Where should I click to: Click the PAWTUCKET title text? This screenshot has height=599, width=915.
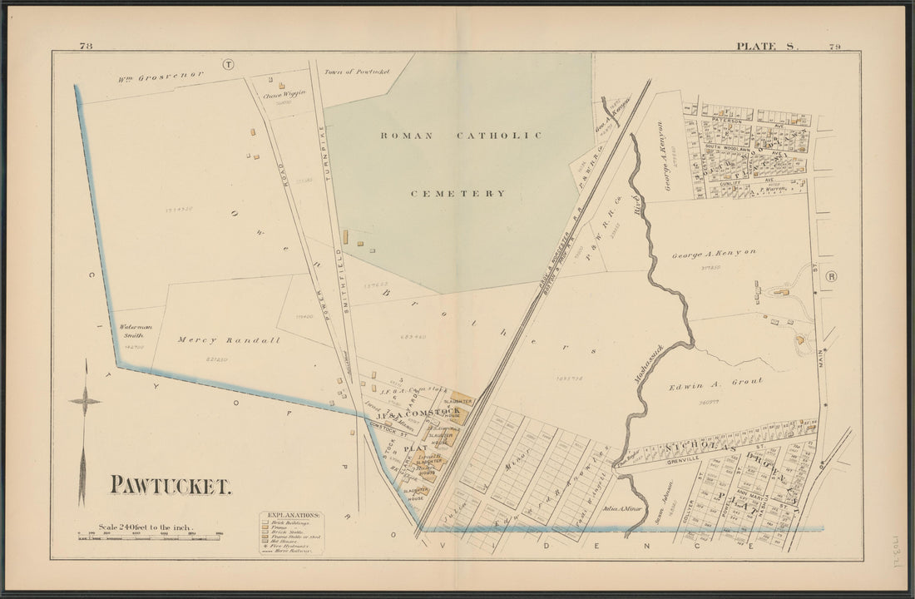click(171, 487)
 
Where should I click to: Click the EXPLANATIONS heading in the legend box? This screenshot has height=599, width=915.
click(290, 516)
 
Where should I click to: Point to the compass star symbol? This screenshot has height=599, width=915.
click(85, 402)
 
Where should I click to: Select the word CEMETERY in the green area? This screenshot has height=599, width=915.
click(457, 193)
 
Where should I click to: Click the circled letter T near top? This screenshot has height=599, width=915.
click(229, 64)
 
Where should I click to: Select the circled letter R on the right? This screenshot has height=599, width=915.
click(831, 276)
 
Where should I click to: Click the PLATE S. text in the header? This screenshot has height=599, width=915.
click(765, 47)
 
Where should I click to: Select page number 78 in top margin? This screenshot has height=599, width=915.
click(87, 47)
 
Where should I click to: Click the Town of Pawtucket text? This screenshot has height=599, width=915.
click(357, 72)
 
